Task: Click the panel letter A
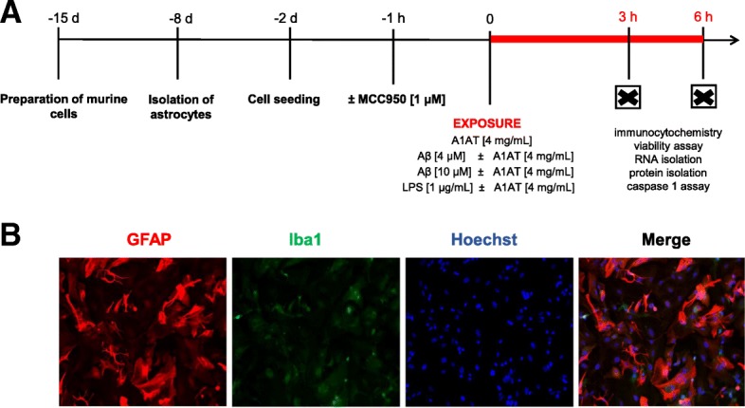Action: pyautogui.click(x=13, y=17)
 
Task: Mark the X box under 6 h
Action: pyautogui.click(x=702, y=97)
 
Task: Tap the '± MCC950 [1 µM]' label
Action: pyautogui.click(x=396, y=98)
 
